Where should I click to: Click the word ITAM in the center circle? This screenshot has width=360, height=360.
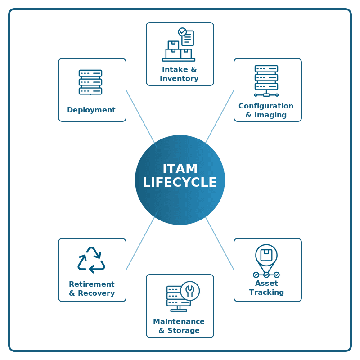tap(180, 169)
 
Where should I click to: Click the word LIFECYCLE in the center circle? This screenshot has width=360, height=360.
tap(180, 182)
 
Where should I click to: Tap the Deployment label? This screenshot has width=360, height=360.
tap(91, 110)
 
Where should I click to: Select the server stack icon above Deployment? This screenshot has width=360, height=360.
tap(90, 82)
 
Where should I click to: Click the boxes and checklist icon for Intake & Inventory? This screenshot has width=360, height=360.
tap(179, 45)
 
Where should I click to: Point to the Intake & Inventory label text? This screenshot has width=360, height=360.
tap(179, 74)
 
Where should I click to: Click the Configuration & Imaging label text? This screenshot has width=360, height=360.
tap(266, 110)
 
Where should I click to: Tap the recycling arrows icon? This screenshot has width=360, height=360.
tap(91, 260)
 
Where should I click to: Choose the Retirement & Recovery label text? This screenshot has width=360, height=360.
tap(92, 288)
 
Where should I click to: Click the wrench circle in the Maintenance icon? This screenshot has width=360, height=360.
tap(190, 291)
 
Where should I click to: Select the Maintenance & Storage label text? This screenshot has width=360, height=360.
tap(179, 326)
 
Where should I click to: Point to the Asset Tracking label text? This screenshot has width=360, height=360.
tap(267, 288)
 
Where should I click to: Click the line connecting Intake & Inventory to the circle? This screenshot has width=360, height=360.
tap(180, 110)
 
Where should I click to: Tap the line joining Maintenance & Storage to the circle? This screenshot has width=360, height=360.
tap(180, 250)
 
